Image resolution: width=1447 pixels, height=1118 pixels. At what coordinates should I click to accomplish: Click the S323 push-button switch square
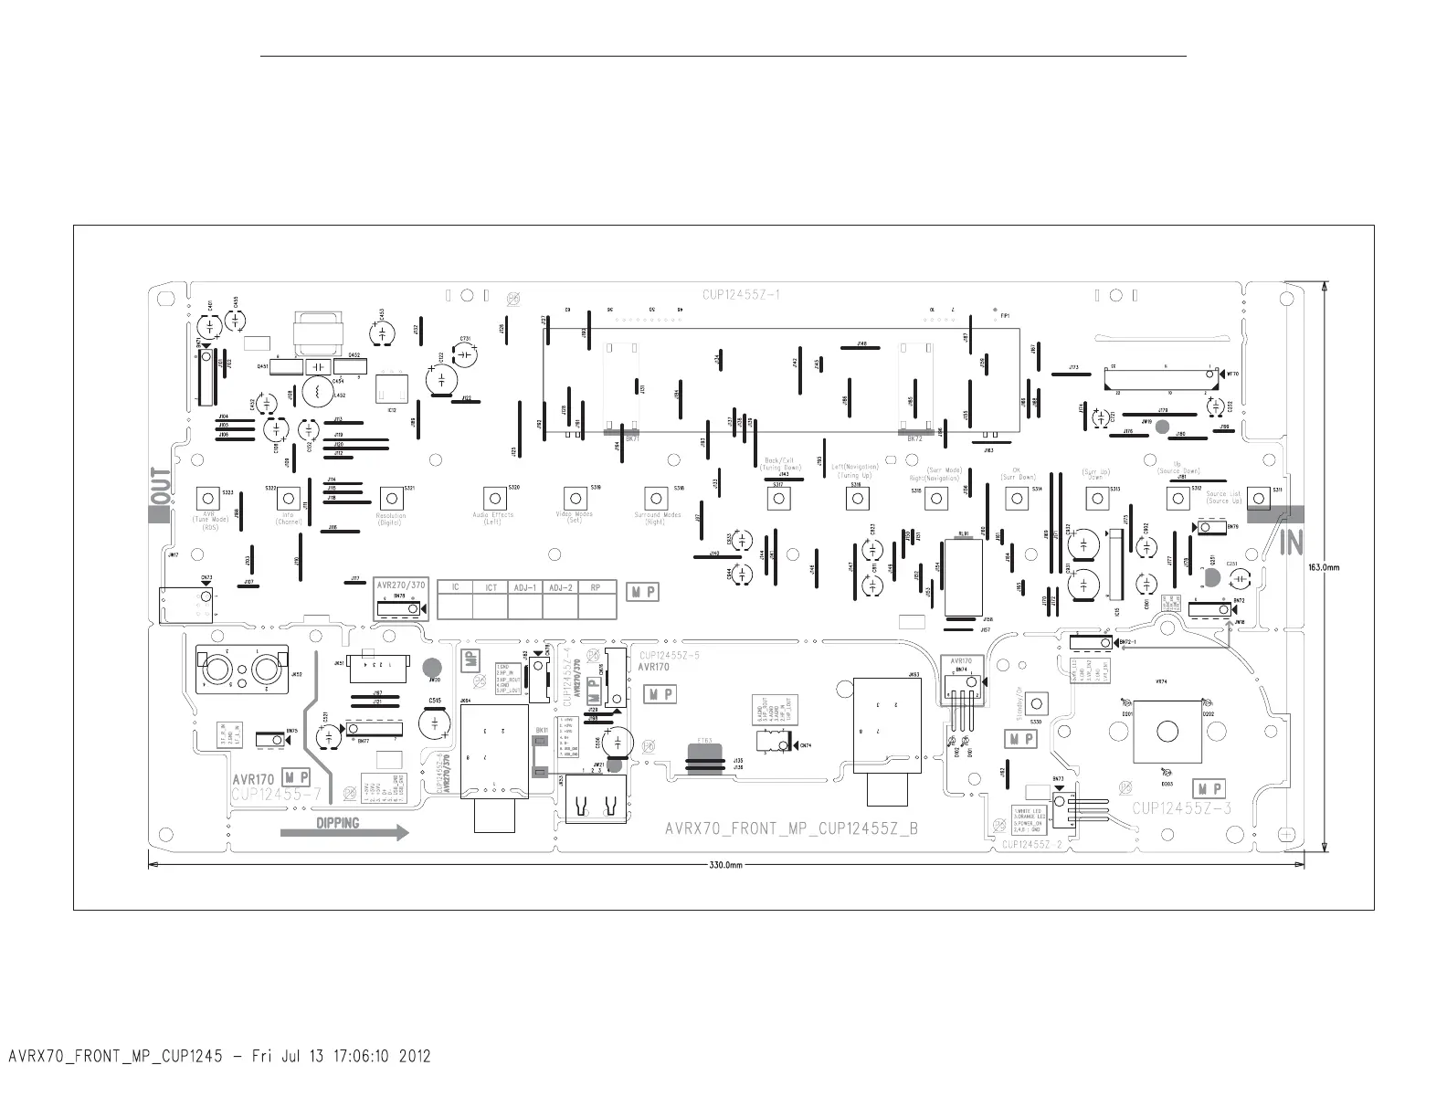point(208,498)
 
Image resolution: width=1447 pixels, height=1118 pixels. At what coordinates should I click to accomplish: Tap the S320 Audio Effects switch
point(494,498)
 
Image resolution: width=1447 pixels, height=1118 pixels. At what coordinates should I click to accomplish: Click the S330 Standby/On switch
point(1036,704)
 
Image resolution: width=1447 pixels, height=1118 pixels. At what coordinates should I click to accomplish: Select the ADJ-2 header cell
point(556,587)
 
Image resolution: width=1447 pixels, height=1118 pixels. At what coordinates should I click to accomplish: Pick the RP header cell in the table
point(596,587)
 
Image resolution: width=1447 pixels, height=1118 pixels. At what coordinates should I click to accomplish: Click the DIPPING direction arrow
point(344,831)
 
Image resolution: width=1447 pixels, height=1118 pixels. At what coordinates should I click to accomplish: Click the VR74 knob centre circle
point(1167,732)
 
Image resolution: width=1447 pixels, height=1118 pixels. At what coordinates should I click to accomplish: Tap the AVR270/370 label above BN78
point(400,585)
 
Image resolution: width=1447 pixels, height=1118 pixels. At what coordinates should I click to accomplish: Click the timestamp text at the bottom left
point(219,1057)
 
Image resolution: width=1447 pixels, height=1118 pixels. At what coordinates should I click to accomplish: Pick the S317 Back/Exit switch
point(779,498)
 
